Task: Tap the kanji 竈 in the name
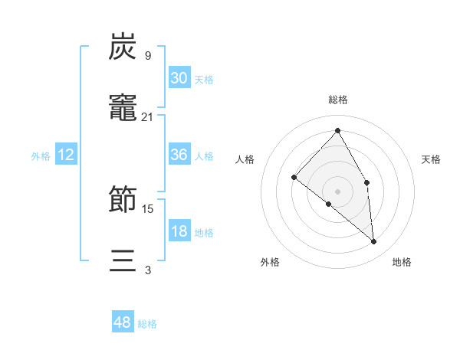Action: coord(123,106)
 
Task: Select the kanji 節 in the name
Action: coord(123,198)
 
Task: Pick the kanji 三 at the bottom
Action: coord(123,260)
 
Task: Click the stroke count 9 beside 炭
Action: coord(148,55)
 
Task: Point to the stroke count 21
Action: coord(148,116)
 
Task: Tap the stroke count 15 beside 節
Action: coord(148,208)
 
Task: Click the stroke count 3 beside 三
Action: coord(148,270)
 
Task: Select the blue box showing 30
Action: coord(179,77)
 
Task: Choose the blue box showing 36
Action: coord(179,155)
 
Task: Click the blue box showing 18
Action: coord(179,231)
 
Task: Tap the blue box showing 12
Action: coord(66,155)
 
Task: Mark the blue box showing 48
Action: coord(123,322)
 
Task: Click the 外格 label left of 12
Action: coord(41,156)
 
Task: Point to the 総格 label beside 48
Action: coord(147,324)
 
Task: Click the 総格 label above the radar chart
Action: coord(337,100)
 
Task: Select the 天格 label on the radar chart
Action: coord(431,159)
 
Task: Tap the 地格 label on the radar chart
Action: coord(402,262)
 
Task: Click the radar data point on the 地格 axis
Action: coord(373,241)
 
